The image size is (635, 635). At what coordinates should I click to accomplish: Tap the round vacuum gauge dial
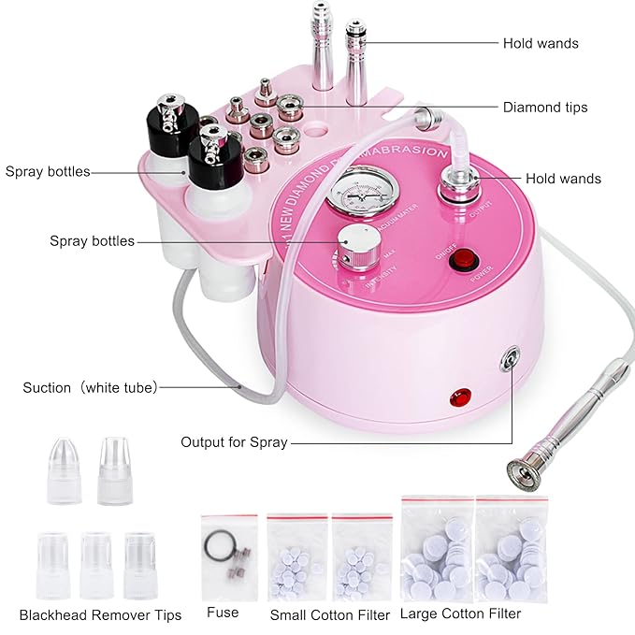[x=357, y=193]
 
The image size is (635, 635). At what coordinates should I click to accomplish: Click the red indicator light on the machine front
[x=463, y=396]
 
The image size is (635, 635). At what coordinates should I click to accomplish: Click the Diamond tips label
[x=544, y=108]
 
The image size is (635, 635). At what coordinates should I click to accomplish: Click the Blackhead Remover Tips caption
[x=100, y=614]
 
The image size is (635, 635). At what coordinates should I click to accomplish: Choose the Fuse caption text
[x=223, y=613]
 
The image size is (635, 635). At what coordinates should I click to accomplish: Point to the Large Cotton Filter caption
[x=460, y=613]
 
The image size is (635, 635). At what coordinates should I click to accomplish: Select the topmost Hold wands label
[x=541, y=43]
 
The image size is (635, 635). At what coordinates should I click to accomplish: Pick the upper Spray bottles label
[x=48, y=171]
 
